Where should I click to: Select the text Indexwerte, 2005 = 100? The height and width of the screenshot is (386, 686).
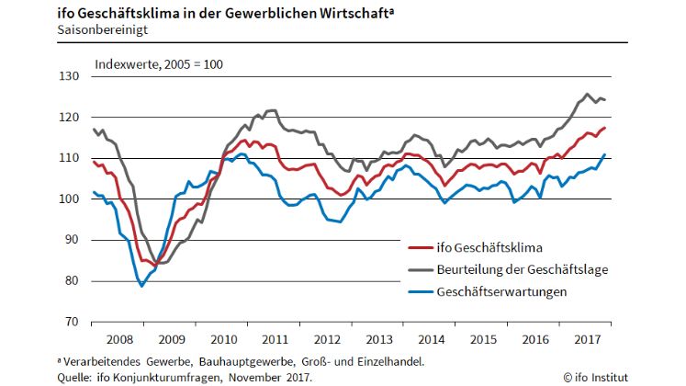click(159, 64)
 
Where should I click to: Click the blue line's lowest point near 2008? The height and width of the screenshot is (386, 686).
click(141, 286)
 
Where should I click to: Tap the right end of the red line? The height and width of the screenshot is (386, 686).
click(605, 127)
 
